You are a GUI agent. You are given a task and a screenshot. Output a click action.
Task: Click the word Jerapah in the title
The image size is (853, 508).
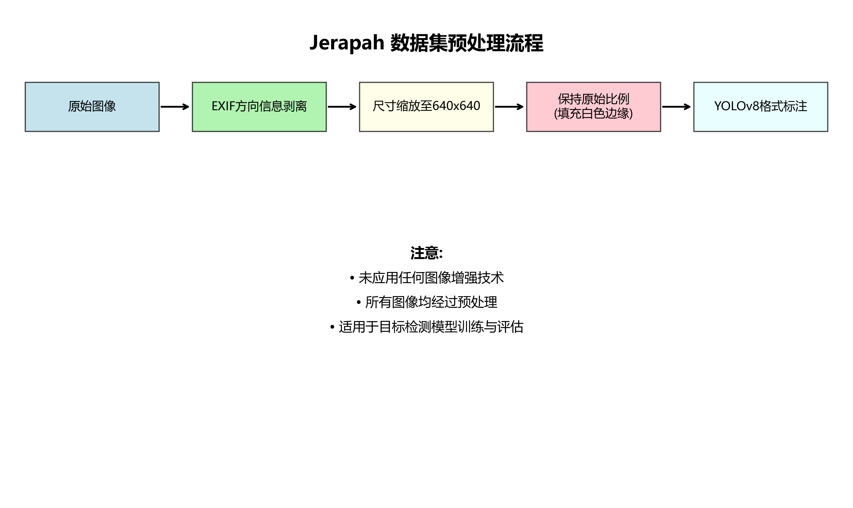(347, 43)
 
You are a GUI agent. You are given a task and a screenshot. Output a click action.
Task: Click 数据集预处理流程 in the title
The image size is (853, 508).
(467, 43)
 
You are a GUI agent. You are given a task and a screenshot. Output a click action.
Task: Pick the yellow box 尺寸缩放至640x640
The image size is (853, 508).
(426, 120)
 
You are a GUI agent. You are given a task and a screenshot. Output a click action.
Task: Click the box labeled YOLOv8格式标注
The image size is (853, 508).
(761, 120)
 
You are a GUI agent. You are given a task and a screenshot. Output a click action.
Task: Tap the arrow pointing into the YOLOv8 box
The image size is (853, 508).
(676, 107)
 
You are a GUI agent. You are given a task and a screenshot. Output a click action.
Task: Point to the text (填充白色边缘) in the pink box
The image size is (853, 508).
(593, 113)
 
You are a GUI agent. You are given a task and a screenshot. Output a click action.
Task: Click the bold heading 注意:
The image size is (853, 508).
(426, 253)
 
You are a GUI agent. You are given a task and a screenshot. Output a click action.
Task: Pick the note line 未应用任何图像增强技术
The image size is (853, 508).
(431, 278)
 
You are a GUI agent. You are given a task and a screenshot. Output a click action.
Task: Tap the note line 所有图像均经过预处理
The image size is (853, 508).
(431, 302)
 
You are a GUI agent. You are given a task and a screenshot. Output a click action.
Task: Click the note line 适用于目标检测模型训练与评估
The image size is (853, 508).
(431, 327)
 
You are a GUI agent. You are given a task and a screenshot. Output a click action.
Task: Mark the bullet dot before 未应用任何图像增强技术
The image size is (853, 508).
(352, 278)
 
